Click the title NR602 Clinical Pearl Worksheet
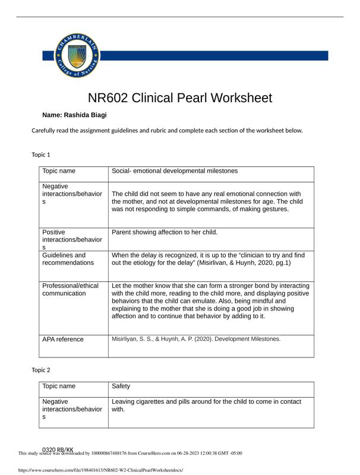click(179, 98)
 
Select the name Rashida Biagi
click(75, 115)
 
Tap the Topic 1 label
click(41, 155)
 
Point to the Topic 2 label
click(41, 370)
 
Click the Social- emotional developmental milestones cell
click(174, 171)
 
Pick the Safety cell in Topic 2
click(121, 387)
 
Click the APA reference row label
click(63, 340)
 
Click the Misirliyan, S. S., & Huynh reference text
click(195, 340)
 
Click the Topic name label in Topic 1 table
click(59, 171)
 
